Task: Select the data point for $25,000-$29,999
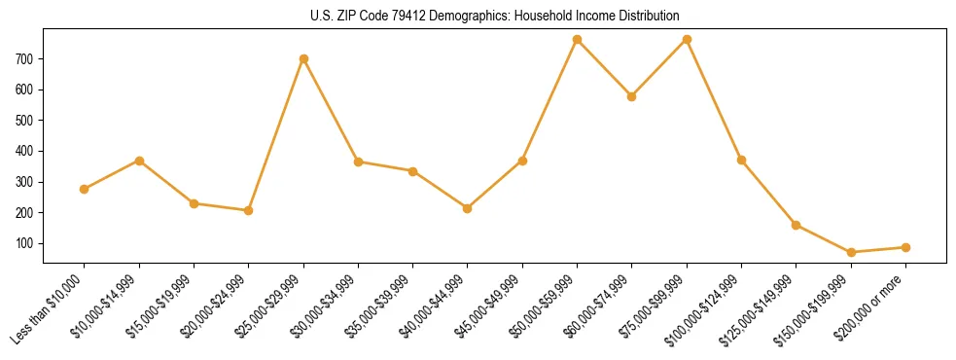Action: coord(304,58)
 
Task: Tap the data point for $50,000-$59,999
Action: coord(578,40)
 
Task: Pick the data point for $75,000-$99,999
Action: coord(688,40)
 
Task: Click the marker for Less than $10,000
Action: coord(85,189)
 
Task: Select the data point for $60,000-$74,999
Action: coord(632,96)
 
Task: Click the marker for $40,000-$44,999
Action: coord(468,208)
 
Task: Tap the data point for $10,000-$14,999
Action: coord(140,161)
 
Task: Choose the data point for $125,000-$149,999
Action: coord(797,225)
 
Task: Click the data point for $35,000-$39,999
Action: coord(413,171)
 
